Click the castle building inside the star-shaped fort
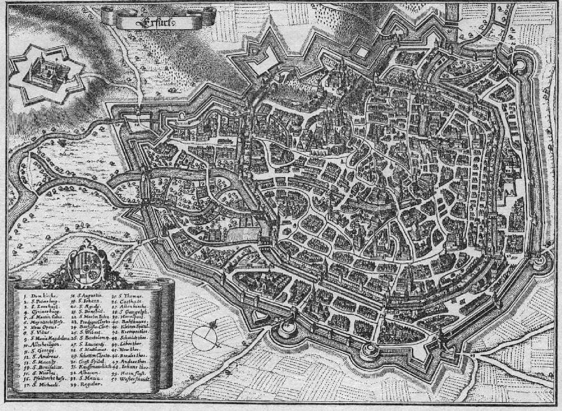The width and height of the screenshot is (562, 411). click(x=50, y=73)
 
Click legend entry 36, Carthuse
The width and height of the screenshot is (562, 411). click(x=129, y=302)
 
